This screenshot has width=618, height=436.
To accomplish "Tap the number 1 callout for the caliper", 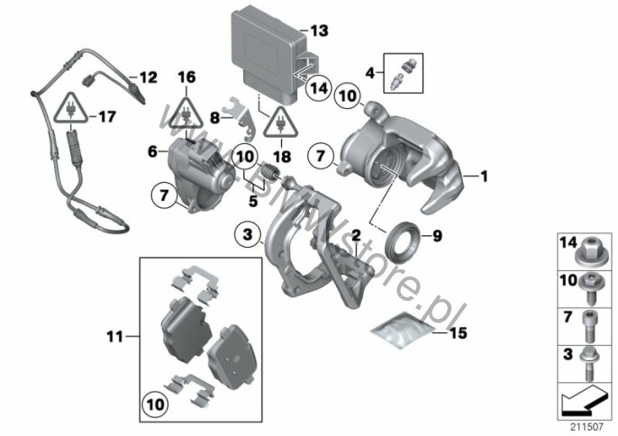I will tap(485, 177).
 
